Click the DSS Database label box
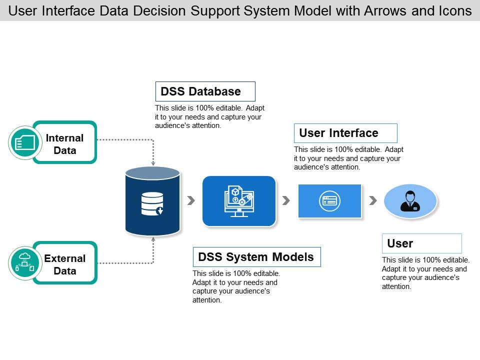pyautogui.click(x=205, y=91)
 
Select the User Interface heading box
pyautogui.click(x=345, y=133)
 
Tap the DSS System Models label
pyautogui.click(x=256, y=257)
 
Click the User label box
pyautogui.click(x=421, y=243)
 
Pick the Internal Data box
pyautogui.click(x=65, y=143)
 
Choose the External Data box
pyautogui.click(x=65, y=264)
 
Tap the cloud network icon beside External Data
pyautogui.click(x=24, y=263)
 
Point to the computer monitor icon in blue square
pyautogui.click(x=239, y=201)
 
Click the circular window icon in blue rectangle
pyautogui.click(x=330, y=201)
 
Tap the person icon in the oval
pyautogui.click(x=410, y=201)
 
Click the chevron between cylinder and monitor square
pyautogui.click(x=191, y=200)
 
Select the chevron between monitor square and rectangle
pyautogui.click(x=286, y=200)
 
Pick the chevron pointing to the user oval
pyautogui.click(x=372, y=200)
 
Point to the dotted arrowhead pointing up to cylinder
pyautogui.click(x=153, y=239)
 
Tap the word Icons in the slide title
pyautogui.click(x=453, y=10)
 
